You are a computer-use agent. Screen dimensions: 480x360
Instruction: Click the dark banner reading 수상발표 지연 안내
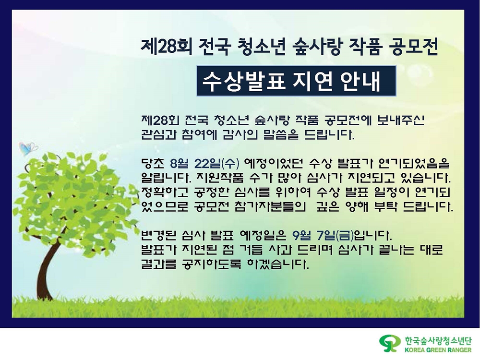click(296, 81)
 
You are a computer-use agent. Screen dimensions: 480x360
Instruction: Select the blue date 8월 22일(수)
click(204, 164)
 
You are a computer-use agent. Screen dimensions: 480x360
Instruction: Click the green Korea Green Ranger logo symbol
click(390, 344)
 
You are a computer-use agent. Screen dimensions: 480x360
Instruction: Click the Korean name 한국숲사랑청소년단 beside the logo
click(438, 341)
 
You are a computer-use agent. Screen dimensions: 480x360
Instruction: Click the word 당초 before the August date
click(153, 164)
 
